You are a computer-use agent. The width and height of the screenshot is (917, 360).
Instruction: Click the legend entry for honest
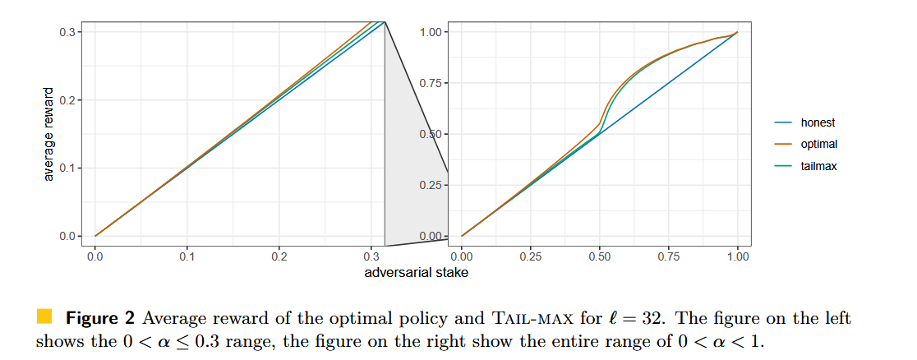[x=817, y=123]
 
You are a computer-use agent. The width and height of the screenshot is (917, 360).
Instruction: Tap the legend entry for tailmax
[x=818, y=166]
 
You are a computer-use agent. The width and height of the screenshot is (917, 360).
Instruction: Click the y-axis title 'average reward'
[x=48, y=133]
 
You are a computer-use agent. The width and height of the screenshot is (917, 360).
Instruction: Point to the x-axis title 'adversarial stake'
[x=417, y=273]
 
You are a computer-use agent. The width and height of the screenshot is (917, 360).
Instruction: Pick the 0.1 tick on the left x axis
[x=187, y=256]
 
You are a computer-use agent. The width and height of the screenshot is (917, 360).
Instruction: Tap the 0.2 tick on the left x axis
[x=279, y=256]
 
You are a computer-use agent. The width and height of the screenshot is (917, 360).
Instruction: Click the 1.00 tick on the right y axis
[x=432, y=32]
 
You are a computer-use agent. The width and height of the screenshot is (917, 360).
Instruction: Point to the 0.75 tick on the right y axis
[x=432, y=83]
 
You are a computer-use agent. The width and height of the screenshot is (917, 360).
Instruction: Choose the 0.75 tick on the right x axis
[x=669, y=256]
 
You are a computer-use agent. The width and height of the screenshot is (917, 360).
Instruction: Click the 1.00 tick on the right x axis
[x=738, y=256]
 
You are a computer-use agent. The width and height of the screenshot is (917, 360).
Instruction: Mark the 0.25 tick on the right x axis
[x=531, y=256]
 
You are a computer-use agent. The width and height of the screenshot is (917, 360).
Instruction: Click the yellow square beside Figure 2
[x=44, y=316]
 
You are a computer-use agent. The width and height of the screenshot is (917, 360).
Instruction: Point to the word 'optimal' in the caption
[x=325, y=318]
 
